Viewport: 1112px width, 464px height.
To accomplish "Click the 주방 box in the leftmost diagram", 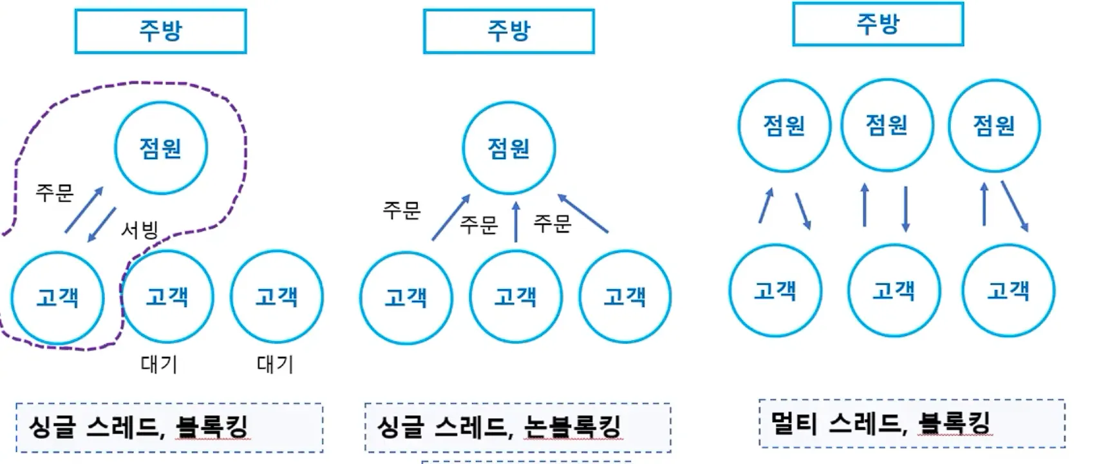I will tap(160, 31).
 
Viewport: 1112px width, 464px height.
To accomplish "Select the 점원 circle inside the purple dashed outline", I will tap(161, 148).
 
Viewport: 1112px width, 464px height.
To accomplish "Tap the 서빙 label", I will tap(140, 229).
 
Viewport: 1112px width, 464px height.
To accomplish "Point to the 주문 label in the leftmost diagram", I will tap(55, 193).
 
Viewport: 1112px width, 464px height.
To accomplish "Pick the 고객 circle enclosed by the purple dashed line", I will tap(57, 298).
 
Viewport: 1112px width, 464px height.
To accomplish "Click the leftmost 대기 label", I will tap(159, 364).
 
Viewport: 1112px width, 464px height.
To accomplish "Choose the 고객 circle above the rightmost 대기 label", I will tap(277, 296).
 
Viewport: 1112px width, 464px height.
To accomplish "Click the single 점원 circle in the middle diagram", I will tap(509, 148).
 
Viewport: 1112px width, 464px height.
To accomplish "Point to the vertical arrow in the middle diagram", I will tap(516, 222).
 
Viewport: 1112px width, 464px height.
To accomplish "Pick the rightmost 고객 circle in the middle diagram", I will tap(625, 296).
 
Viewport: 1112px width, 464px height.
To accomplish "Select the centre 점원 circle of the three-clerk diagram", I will tap(887, 125).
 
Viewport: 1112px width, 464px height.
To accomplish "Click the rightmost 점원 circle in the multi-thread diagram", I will tap(994, 125).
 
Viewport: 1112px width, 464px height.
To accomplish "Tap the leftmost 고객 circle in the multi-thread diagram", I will tap(775, 291).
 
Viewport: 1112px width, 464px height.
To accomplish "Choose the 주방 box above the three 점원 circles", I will tap(878, 24).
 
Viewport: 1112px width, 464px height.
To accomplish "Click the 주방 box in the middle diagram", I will tap(509, 31).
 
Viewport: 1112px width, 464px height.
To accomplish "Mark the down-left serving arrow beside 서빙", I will tap(102, 225).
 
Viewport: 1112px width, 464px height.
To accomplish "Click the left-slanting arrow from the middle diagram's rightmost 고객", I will tap(583, 213).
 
